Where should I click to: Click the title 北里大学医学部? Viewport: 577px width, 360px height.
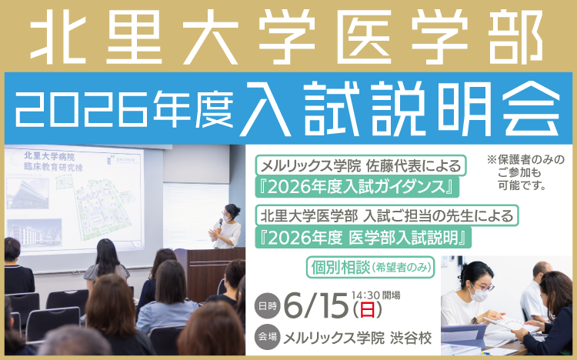pos(287,37)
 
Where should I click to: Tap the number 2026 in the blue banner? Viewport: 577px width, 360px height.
pos(82,109)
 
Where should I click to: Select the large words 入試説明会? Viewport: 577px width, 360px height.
pos(401,108)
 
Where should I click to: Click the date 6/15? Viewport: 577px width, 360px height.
pos(316,305)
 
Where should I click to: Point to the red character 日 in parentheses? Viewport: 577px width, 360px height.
pos(367,310)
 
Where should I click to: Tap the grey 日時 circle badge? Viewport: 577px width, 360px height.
pos(267,305)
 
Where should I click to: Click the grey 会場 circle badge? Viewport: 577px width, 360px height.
pos(267,336)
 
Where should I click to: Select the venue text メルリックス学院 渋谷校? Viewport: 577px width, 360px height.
pos(357,338)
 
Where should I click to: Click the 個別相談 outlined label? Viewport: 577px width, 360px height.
pos(371,267)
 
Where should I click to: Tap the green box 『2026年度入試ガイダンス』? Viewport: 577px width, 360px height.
pos(357,188)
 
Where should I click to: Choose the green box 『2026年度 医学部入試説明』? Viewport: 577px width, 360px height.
pos(363,238)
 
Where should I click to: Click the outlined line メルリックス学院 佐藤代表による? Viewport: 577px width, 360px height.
pos(361,166)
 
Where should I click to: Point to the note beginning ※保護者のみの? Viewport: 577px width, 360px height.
pos(525,172)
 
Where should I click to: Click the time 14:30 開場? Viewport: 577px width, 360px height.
pos(375,295)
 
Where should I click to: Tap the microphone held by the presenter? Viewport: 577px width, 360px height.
pos(221,223)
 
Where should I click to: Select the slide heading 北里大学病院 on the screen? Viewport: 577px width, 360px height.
pos(49,156)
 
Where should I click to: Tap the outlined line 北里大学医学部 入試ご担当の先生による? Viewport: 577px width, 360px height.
pos(387,215)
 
